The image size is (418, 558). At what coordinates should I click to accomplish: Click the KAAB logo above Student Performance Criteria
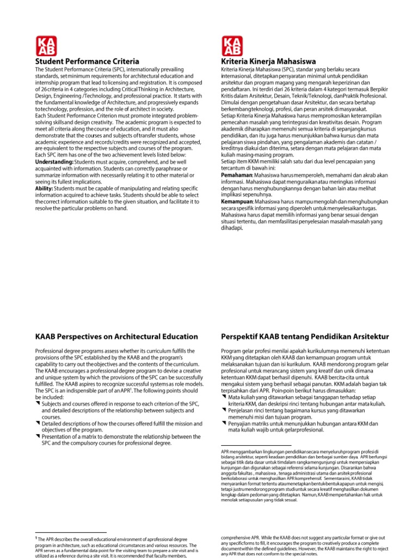(x=45, y=45)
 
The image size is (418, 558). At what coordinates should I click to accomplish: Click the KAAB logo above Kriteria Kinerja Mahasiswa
(x=232, y=45)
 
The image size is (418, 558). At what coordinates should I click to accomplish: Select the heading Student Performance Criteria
(x=87, y=61)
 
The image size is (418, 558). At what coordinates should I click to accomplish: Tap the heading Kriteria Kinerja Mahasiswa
(x=269, y=62)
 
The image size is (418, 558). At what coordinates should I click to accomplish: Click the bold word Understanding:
(x=54, y=162)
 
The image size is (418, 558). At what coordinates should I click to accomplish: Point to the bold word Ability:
(x=44, y=188)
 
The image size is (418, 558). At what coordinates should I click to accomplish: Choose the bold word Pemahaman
(x=233, y=175)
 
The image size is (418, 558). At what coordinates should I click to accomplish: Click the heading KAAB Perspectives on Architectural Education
(x=116, y=337)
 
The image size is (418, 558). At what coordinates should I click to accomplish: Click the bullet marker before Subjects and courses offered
(x=38, y=403)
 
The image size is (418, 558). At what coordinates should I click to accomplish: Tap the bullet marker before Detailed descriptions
(x=38, y=423)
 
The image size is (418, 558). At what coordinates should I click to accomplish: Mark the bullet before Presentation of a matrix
(x=38, y=436)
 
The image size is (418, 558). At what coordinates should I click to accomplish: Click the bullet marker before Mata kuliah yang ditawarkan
(x=224, y=397)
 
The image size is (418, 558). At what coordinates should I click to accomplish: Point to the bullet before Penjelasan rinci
(x=224, y=410)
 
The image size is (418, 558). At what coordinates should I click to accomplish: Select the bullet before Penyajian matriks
(x=224, y=423)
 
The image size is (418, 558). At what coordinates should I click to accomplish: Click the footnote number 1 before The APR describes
(x=36, y=537)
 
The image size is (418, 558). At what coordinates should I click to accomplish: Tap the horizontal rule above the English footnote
(x=71, y=532)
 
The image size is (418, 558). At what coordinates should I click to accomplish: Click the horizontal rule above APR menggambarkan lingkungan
(x=256, y=445)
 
